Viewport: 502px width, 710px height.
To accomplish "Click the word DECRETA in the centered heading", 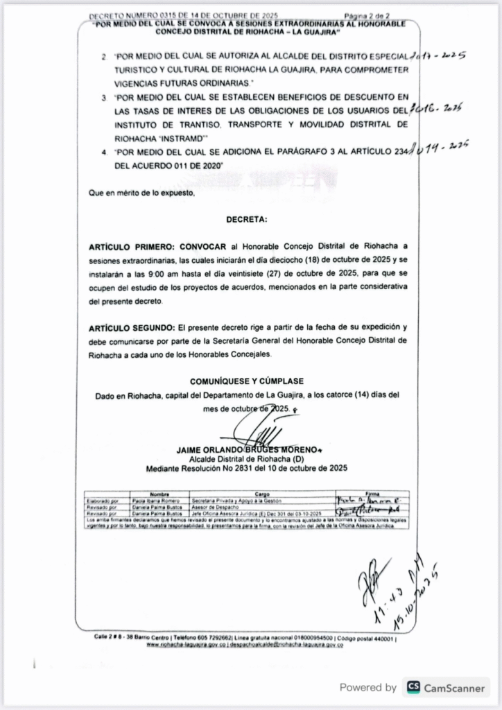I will tap(246, 220).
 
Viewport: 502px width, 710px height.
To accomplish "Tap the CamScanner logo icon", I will tap(414, 687).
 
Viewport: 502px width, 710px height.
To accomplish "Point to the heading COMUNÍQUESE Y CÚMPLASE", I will tap(246, 381).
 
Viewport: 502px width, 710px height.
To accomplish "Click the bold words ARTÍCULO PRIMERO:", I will tap(132, 246).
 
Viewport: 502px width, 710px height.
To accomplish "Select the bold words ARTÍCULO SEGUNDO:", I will tap(132, 327).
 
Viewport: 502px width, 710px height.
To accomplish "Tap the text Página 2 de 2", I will tap(367, 15).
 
